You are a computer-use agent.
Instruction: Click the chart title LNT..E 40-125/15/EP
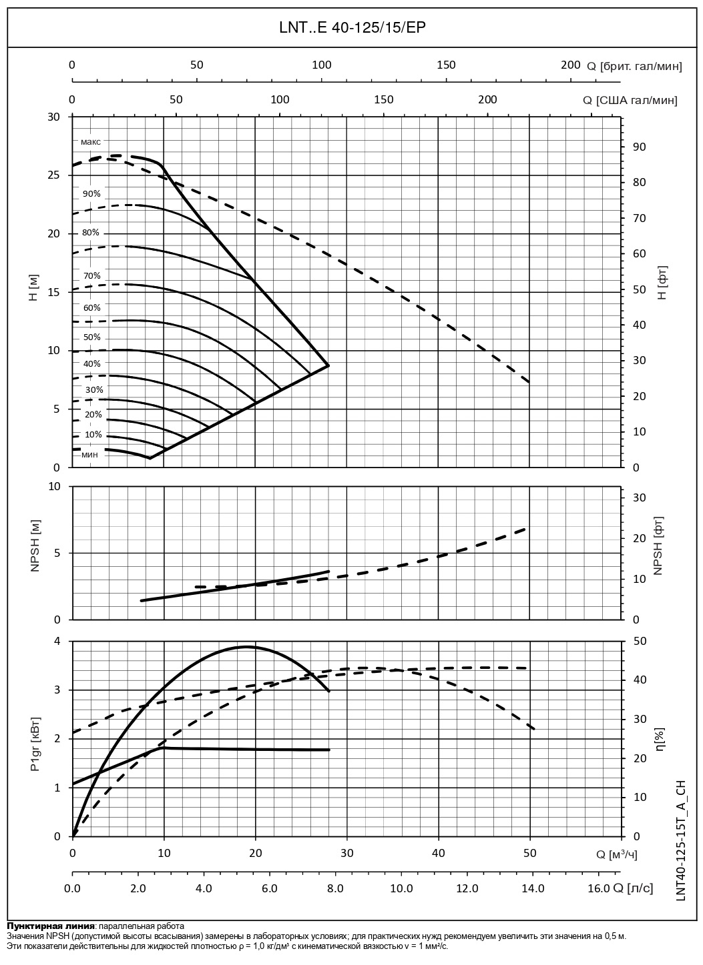tap(352, 27)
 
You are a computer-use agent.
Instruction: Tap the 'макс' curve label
tap(91, 142)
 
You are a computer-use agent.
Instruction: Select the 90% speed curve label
tap(91, 194)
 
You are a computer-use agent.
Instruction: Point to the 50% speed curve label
tap(91, 337)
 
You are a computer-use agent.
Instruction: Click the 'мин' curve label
tap(90, 455)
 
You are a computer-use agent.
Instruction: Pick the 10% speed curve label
tap(93, 435)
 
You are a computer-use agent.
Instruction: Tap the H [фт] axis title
tap(662, 283)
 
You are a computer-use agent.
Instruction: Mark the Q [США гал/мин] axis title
tap(630, 100)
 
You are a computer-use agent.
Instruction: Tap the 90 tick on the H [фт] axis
tap(638, 147)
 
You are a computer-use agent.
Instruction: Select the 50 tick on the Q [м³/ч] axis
tap(530, 853)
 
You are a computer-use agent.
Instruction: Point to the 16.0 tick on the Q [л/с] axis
tap(598, 888)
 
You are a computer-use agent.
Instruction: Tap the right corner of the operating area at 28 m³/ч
tap(328, 365)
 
